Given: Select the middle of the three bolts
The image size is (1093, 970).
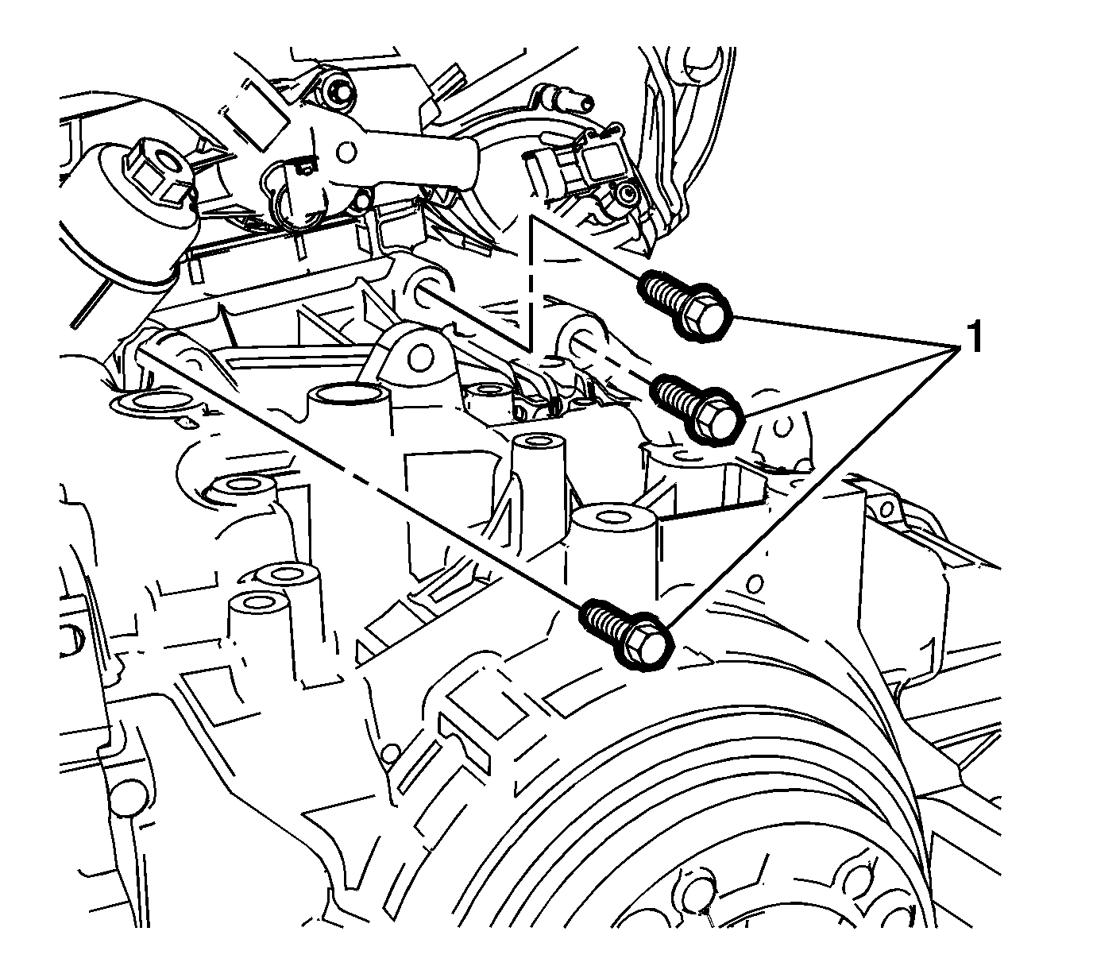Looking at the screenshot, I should coord(699,407).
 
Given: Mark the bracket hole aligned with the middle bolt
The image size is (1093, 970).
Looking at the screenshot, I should coord(579,339).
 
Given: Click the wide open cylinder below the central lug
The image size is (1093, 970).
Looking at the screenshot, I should coord(350,394).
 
